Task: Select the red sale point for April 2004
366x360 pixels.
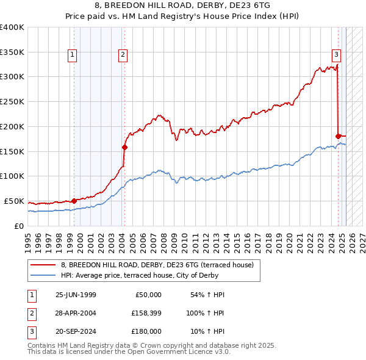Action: pyautogui.click(x=124, y=147)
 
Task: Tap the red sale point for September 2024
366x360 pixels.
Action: pyautogui.click(x=338, y=136)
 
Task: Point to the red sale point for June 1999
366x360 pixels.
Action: pyautogui.click(x=74, y=201)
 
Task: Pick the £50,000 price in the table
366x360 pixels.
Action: pyautogui.click(x=146, y=295)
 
